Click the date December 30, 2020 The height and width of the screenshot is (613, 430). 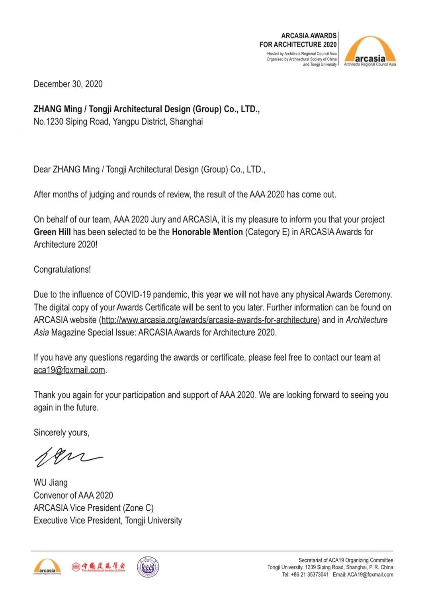pos(68,84)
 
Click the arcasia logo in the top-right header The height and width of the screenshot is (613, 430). pos(370,51)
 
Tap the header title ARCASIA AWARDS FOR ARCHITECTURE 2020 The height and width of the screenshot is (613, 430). pos(298,40)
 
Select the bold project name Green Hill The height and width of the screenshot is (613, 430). pos(52,232)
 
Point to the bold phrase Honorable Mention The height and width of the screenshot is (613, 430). pos(207,232)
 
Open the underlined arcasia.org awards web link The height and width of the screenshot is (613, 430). pos(209,320)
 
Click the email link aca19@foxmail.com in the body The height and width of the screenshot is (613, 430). pos(69,370)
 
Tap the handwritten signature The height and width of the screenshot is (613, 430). pos(68,457)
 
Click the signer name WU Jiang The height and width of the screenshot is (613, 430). pos(51,482)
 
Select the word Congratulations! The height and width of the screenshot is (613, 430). pos(62,269)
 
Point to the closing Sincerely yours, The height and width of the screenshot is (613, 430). pos(61,433)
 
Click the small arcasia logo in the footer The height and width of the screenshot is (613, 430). pos(47,567)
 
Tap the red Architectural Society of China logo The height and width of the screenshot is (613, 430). pos(98,567)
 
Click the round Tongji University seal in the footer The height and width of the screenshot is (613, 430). pos(148,567)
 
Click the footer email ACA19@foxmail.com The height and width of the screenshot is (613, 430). pos(370,574)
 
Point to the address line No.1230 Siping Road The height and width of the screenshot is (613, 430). pos(118,122)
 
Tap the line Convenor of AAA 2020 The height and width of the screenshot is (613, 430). pos(73,495)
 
